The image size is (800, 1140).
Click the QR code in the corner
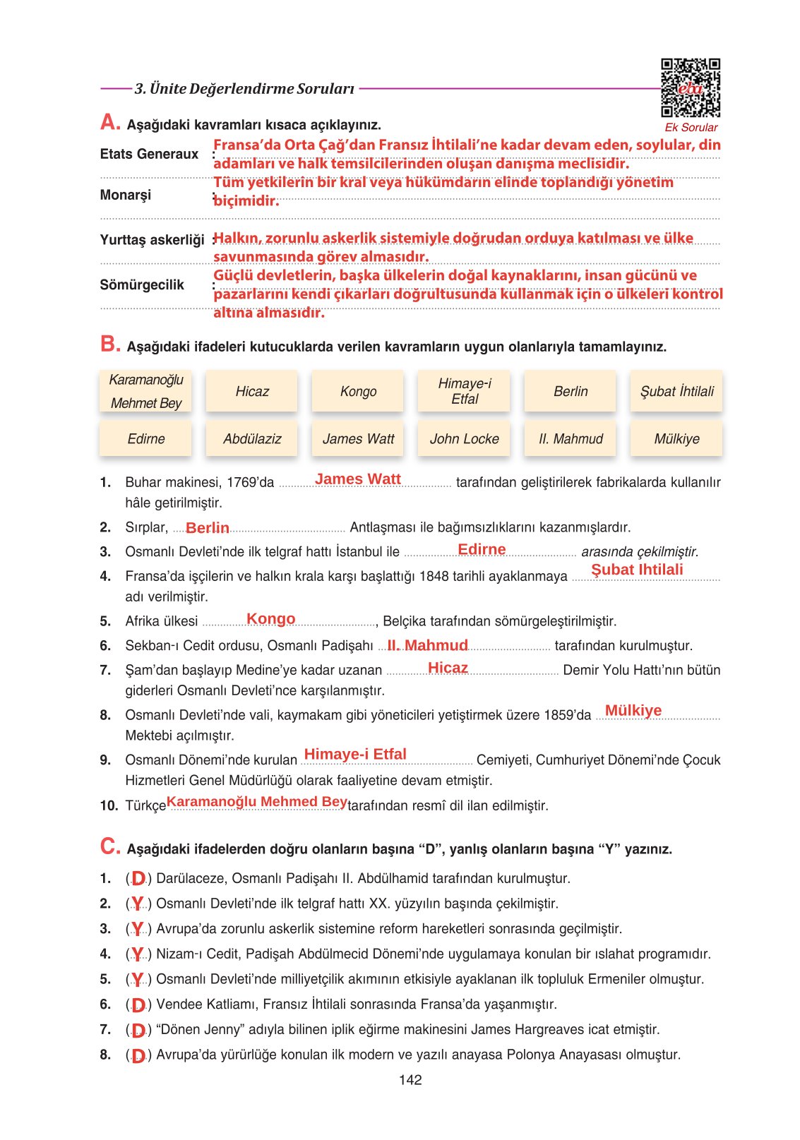(690, 88)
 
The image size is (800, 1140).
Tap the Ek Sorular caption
(691, 128)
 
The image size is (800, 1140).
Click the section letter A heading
(110, 123)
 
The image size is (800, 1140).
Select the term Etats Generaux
(149, 154)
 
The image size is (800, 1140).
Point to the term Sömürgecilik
(142, 285)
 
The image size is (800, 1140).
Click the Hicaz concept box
(252, 391)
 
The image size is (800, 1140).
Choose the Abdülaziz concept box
(252, 439)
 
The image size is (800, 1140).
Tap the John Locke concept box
(465, 439)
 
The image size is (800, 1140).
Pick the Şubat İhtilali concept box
(676, 391)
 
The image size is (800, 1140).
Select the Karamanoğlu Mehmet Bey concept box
(146, 391)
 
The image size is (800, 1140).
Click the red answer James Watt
(358, 479)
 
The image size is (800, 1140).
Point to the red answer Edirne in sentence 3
(482, 549)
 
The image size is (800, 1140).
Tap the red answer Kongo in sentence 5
(270, 619)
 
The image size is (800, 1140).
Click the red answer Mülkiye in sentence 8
(633, 711)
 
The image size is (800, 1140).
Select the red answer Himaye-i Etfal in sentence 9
(355, 755)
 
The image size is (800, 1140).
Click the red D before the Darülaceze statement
(138, 879)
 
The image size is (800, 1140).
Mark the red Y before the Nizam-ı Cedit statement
(138, 954)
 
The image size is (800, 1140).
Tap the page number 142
(410, 1080)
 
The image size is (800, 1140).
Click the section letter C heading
(110, 846)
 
